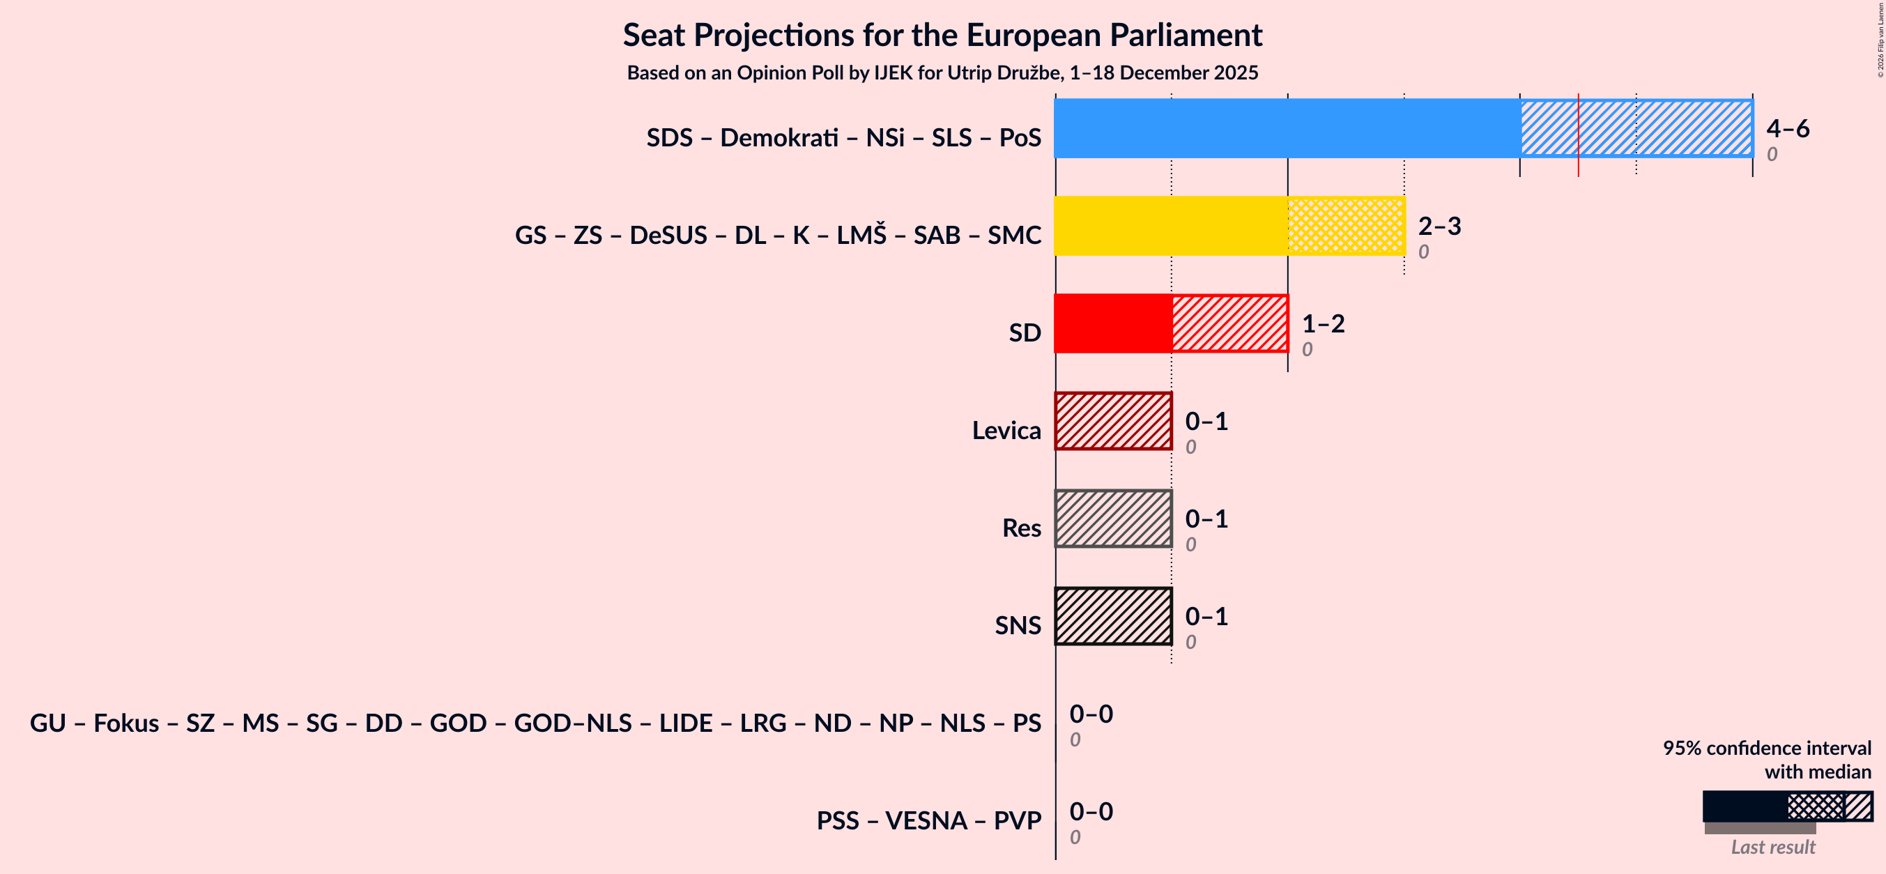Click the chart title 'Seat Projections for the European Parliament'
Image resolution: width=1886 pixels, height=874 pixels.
(942, 35)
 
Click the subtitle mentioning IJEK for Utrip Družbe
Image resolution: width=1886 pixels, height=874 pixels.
(942, 72)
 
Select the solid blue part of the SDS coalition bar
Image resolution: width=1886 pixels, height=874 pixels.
(1287, 128)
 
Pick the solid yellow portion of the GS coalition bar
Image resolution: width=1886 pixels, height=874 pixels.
(1170, 225)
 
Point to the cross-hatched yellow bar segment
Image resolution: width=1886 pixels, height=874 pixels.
(1346, 225)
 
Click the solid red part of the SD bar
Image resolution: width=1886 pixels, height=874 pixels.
(1112, 323)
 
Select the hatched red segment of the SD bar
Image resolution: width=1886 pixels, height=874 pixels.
(1229, 323)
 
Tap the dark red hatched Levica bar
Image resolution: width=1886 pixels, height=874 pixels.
(1113, 421)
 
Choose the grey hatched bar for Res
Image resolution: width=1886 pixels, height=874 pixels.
(1113, 519)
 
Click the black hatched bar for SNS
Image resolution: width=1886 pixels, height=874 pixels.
(1113, 616)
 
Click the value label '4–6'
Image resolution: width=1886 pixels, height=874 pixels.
(1787, 128)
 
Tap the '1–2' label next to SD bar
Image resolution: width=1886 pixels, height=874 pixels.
(1322, 323)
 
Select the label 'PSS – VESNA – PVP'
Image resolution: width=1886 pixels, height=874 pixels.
(928, 820)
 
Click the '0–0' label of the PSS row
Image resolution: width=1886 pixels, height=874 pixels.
(1090, 811)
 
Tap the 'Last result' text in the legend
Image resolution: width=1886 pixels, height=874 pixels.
(1772, 847)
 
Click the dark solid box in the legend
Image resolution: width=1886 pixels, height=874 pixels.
(1744, 806)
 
